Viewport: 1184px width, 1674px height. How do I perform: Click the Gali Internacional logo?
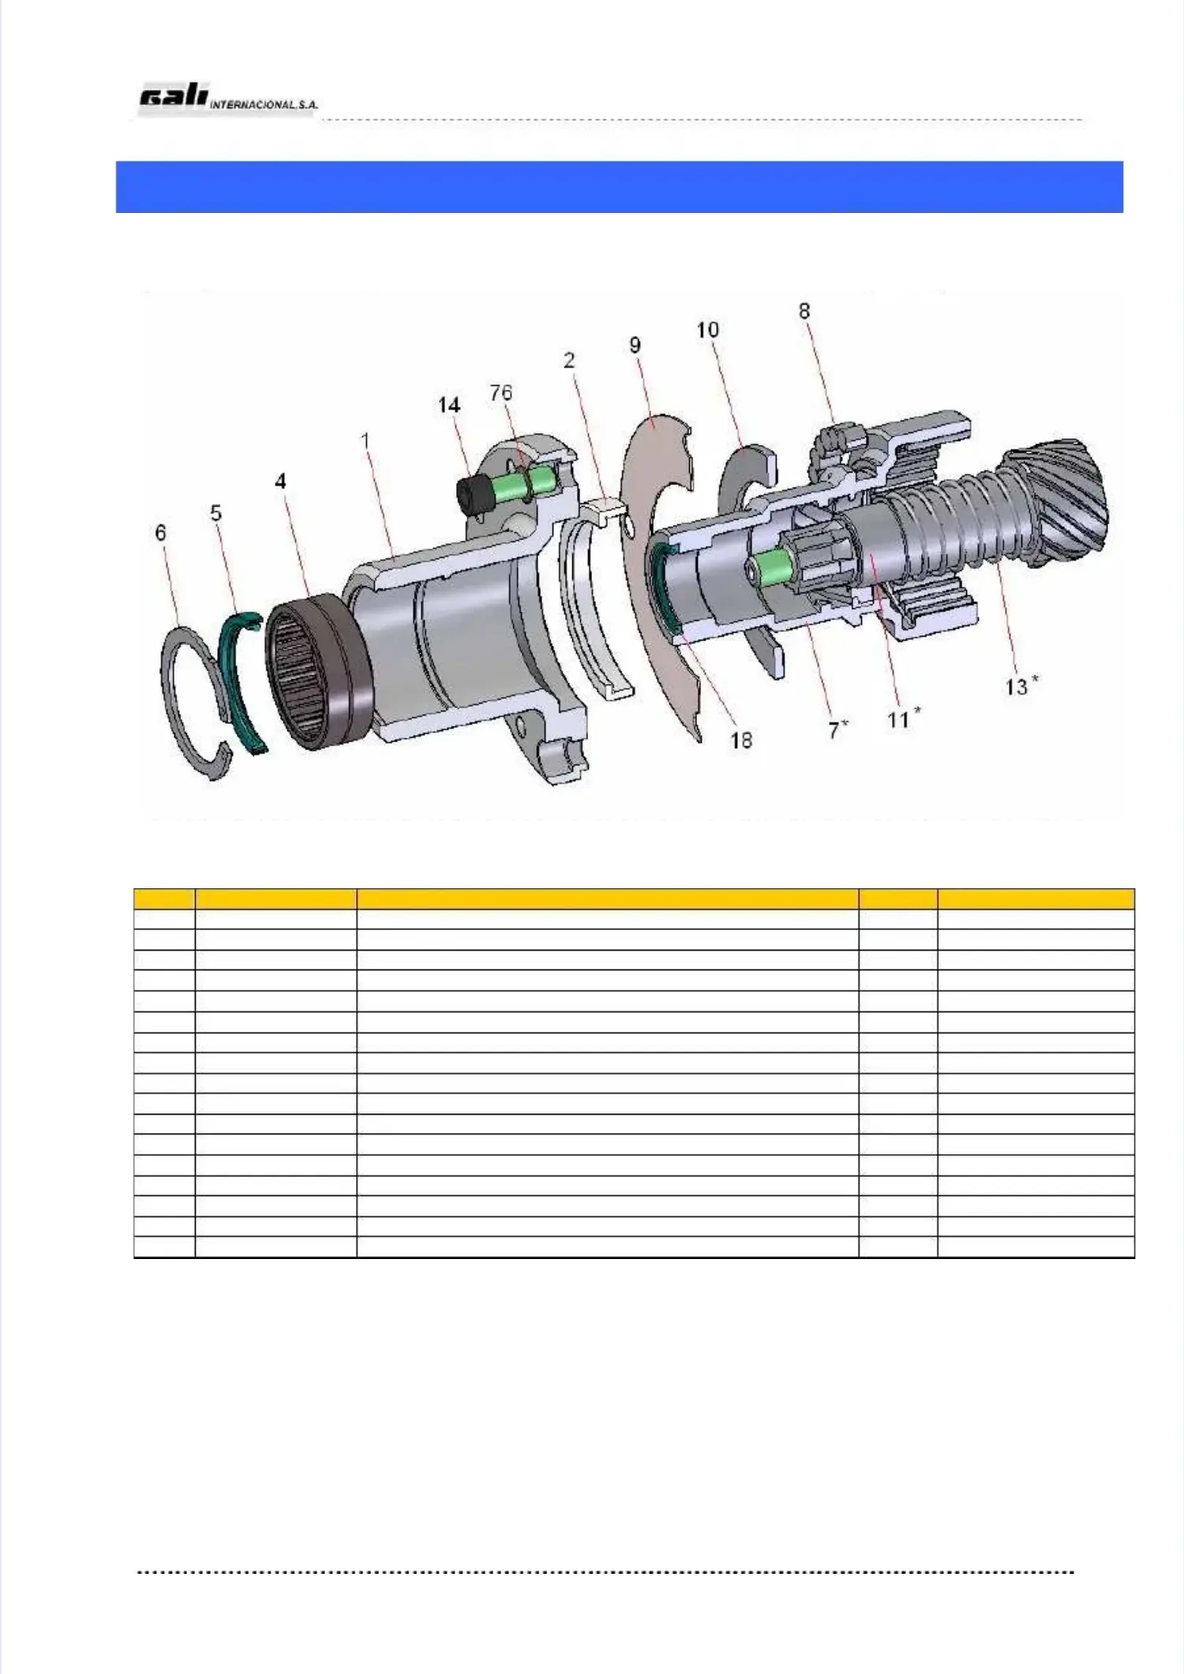[x=227, y=99]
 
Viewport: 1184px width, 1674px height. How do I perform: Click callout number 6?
[x=161, y=533]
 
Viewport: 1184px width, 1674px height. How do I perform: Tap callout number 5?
[x=215, y=514]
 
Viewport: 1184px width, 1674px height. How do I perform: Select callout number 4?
[x=280, y=481]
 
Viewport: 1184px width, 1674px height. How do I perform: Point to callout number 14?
[x=449, y=405]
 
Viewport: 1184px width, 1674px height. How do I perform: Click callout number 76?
[x=500, y=393]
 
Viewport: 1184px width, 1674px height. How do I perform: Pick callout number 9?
[x=635, y=346]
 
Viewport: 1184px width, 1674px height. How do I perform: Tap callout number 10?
[x=707, y=330]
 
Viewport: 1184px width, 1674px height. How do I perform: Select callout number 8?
[x=804, y=311]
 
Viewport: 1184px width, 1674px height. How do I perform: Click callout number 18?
[x=740, y=740]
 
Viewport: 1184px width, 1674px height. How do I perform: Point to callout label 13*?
[x=1021, y=686]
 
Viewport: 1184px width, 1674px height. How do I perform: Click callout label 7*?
[x=837, y=730]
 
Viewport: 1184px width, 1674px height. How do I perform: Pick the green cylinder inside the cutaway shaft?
[x=771, y=569]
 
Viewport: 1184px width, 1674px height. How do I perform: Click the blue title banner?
[x=619, y=187]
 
